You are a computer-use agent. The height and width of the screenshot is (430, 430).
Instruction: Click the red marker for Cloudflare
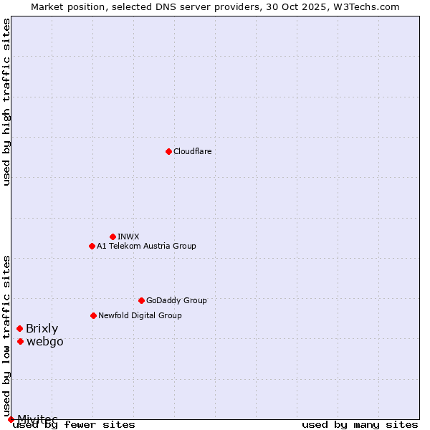(168, 151)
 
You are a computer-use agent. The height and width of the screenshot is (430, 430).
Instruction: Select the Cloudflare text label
(193, 151)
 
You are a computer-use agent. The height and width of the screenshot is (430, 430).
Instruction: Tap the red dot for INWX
(113, 236)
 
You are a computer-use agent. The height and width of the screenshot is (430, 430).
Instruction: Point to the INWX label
(128, 236)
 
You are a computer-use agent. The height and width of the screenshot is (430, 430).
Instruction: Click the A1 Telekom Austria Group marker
(92, 246)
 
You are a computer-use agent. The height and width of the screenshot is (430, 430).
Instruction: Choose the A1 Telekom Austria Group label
(146, 246)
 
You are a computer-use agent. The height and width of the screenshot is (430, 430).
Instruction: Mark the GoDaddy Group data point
(141, 300)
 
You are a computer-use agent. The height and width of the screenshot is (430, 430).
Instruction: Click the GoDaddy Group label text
(176, 300)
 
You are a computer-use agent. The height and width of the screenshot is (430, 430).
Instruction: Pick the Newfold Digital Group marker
(93, 315)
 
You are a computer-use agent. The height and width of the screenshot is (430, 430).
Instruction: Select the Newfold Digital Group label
(140, 315)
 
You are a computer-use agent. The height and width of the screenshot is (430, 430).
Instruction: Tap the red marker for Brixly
(19, 328)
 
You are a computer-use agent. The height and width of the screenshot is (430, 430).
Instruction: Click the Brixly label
(42, 328)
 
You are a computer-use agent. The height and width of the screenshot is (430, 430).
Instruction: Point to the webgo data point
(20, 341)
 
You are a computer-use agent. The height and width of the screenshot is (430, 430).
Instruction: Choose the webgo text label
(44, 341)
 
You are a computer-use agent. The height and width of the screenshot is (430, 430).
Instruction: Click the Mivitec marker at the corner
(11, 419)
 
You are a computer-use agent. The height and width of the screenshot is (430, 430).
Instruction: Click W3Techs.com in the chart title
(365, 6)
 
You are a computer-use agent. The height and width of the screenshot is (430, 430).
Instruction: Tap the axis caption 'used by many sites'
(360, 425)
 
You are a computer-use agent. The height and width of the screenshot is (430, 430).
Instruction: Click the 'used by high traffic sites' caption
(6, 102)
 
